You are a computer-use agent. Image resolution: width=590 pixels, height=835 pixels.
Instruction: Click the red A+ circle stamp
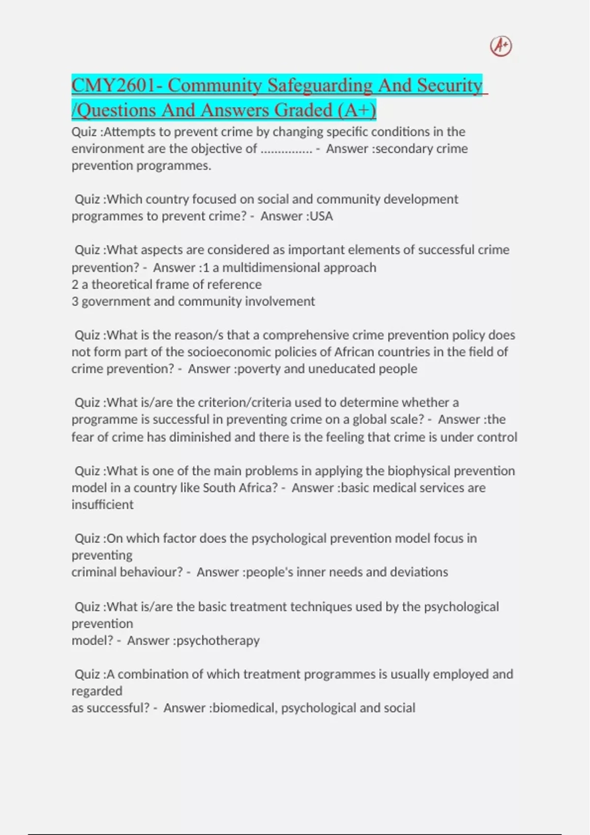(x=501, y=46)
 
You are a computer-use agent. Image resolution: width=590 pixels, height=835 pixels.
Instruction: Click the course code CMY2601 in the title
(x=113, y=85)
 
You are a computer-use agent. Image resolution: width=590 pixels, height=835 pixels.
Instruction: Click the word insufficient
(x=102, y=505)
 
